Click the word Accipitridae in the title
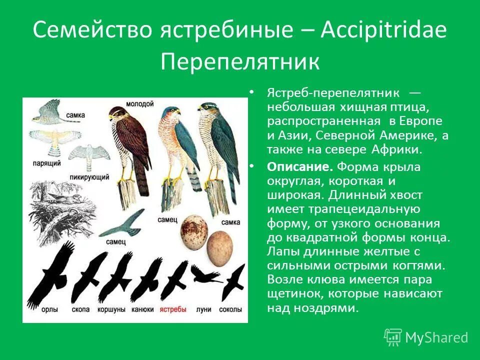(x=383, y=31)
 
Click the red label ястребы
(x=172, y=309)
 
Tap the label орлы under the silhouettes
(x=49, y=309)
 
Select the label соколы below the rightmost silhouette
(x=231, y=309)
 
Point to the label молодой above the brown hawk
(x=139, y=103)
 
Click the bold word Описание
(x=300, y=167)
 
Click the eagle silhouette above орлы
(x=50, y=277)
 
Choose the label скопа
(x=80, y=309)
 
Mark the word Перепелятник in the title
(x=240, y=62)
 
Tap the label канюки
(x=142, y=309)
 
